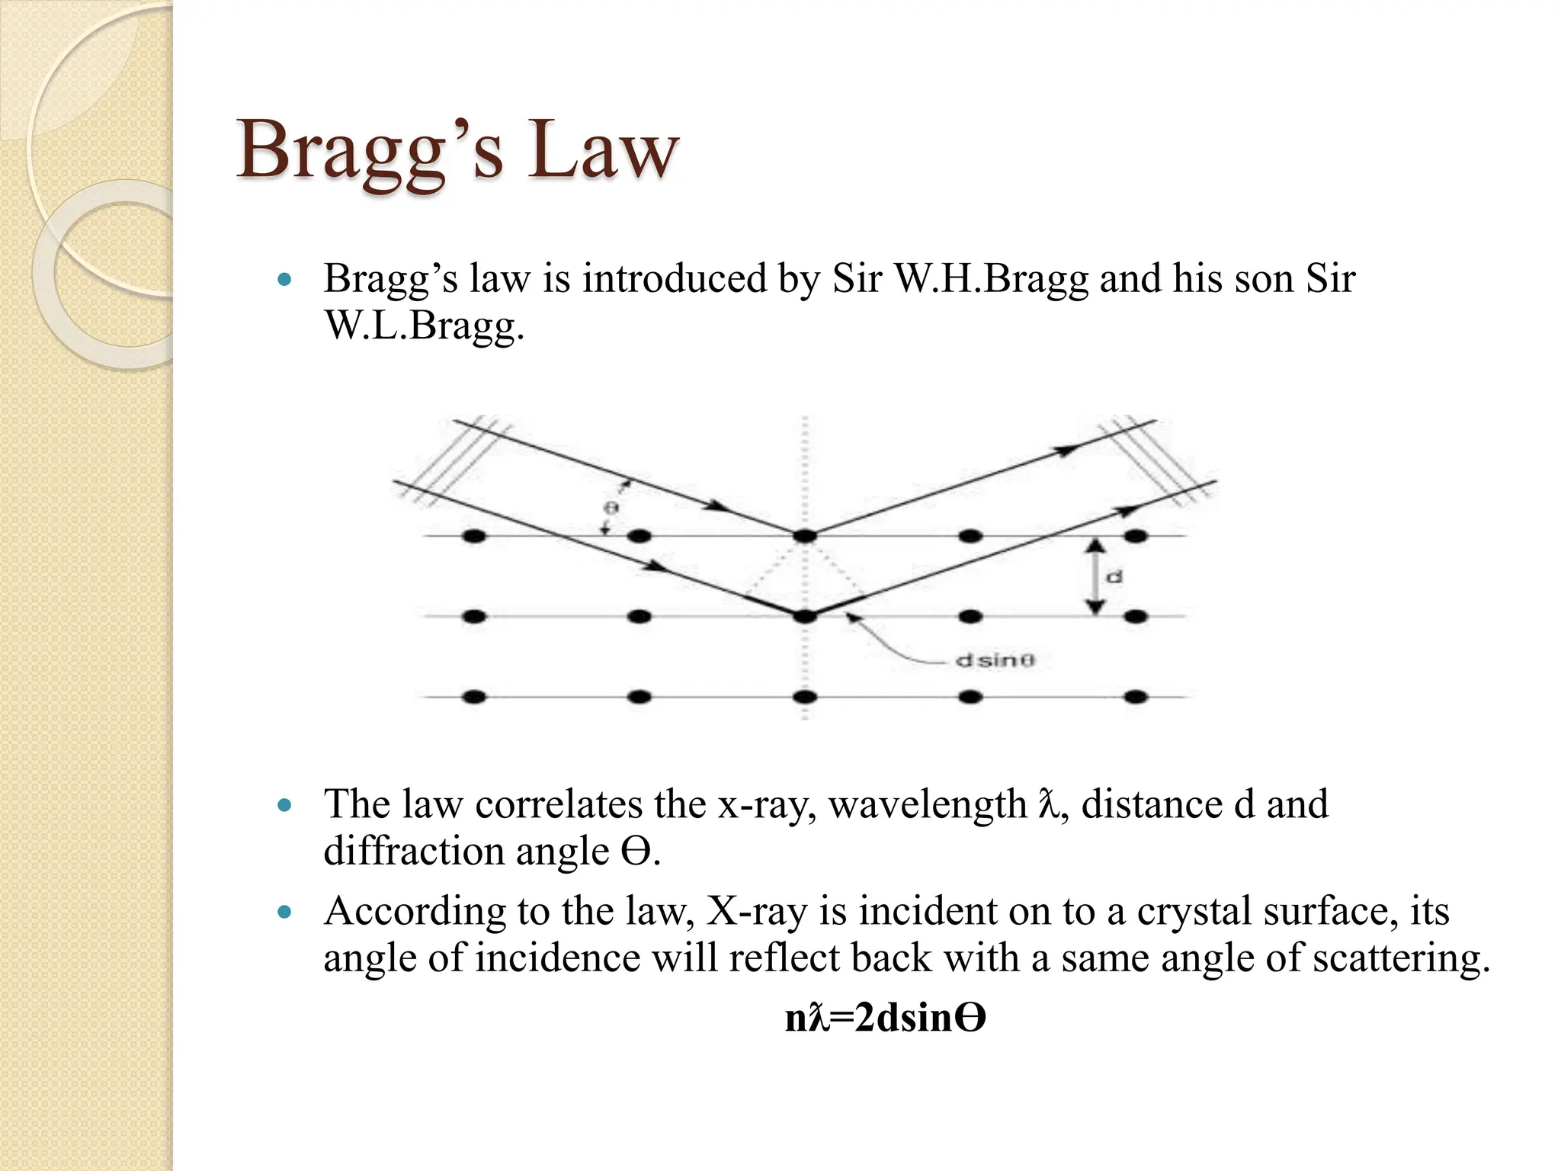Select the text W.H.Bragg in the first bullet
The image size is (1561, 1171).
991,278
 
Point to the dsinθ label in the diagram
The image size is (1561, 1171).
995,660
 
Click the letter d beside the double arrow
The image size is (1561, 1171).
1114,577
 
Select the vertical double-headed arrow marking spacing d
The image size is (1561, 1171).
1095,576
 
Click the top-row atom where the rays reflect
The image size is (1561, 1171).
804,536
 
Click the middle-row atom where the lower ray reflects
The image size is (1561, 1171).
804,616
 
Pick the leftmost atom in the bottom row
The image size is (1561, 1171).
473,696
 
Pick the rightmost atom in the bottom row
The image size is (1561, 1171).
1136,696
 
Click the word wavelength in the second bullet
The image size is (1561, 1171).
928,804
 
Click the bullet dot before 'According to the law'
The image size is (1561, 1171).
285,912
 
